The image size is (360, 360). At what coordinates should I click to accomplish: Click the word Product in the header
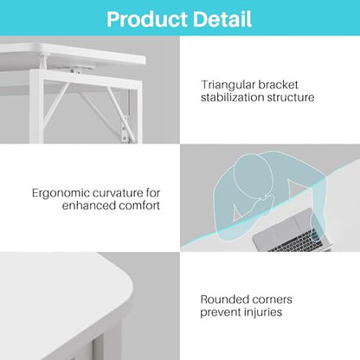[147, 19]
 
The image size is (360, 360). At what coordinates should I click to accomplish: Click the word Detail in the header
[222, 19]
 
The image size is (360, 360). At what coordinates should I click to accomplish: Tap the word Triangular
[228, 86]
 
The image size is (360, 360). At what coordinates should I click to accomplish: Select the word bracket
[278, 85]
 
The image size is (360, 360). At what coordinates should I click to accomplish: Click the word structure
[291, 98]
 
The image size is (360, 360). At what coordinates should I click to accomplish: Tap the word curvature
[122, 193]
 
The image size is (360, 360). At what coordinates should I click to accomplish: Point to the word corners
[272, 300]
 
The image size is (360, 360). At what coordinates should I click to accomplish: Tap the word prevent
[220, 312]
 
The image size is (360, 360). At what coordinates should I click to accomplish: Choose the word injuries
[262, 312]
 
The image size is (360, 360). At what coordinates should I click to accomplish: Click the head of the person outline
[254, 176]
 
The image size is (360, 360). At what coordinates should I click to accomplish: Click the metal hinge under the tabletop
[76, 67]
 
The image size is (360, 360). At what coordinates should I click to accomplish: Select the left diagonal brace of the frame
[55, 104]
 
